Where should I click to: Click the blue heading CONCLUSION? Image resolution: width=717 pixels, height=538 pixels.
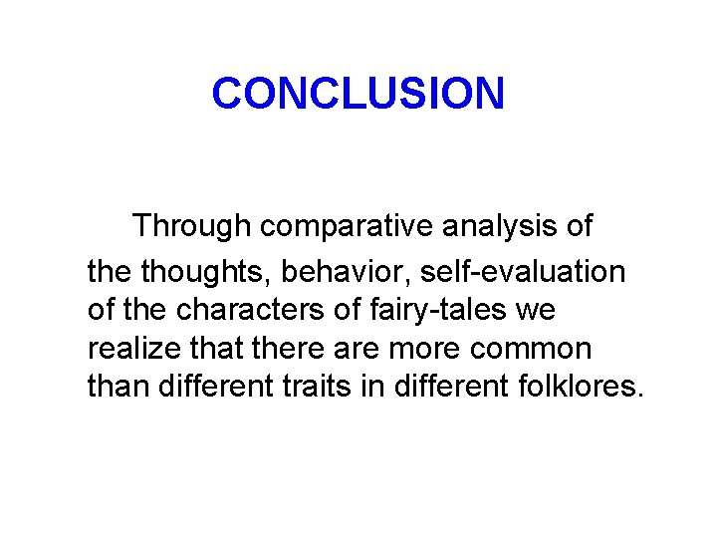click(x=358, y=94)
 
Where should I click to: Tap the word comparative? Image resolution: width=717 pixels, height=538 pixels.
click(x=347, y=226)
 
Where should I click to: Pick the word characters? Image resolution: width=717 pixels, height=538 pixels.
click(x=250, y=310)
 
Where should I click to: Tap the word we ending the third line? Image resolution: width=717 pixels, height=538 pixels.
click(x=536, y=310)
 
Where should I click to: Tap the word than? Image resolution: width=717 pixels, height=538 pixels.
click(x=118, y=388)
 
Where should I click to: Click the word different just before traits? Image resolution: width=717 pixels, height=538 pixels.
click(x=215, y=388)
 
